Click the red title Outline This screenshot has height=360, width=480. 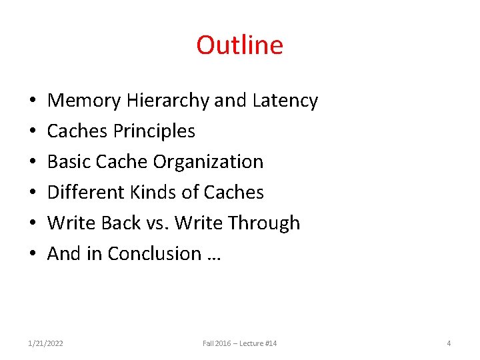coord(239,45)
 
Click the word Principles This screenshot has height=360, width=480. coord(154,131)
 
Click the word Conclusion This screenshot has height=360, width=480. coord(154,254)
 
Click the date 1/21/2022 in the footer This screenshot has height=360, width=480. coord(46,343)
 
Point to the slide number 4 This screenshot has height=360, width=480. coord(449,343)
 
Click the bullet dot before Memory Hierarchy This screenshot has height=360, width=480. coord(32,101)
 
